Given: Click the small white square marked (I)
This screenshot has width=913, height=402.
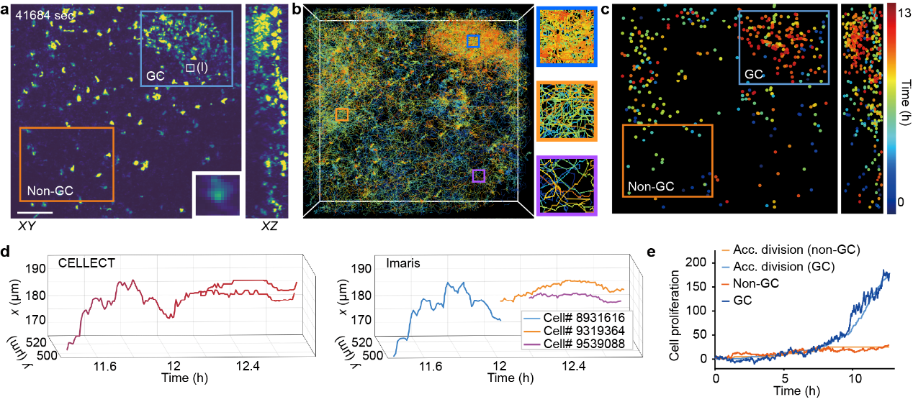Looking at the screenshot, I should [x=190, y=68].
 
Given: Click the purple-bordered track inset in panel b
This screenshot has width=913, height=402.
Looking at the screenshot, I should [x=566, y=186].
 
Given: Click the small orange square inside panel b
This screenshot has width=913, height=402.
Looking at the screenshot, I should [x=342, y=114].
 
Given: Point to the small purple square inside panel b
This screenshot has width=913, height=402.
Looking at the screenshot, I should [x=478, y=175].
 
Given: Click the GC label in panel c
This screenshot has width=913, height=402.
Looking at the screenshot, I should [x=753, y=74].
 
